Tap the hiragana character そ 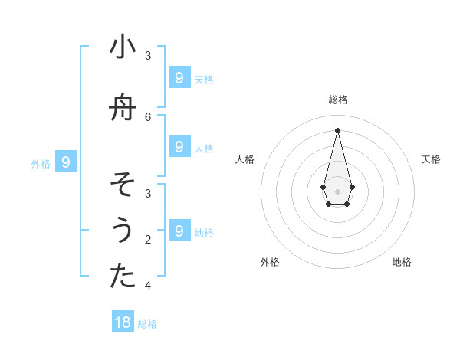123,185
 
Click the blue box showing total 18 123,322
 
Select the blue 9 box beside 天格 179,77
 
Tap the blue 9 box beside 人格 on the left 179,146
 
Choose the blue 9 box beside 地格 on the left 179,231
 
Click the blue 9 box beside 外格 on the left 66,162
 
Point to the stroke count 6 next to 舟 148,116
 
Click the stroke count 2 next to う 148,239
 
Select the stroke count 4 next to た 148,285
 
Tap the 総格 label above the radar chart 338,100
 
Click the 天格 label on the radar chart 431,159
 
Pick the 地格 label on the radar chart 402,262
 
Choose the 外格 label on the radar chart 270,262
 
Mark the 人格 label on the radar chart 245,159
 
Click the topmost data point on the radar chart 337,129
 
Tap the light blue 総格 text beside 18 147,324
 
